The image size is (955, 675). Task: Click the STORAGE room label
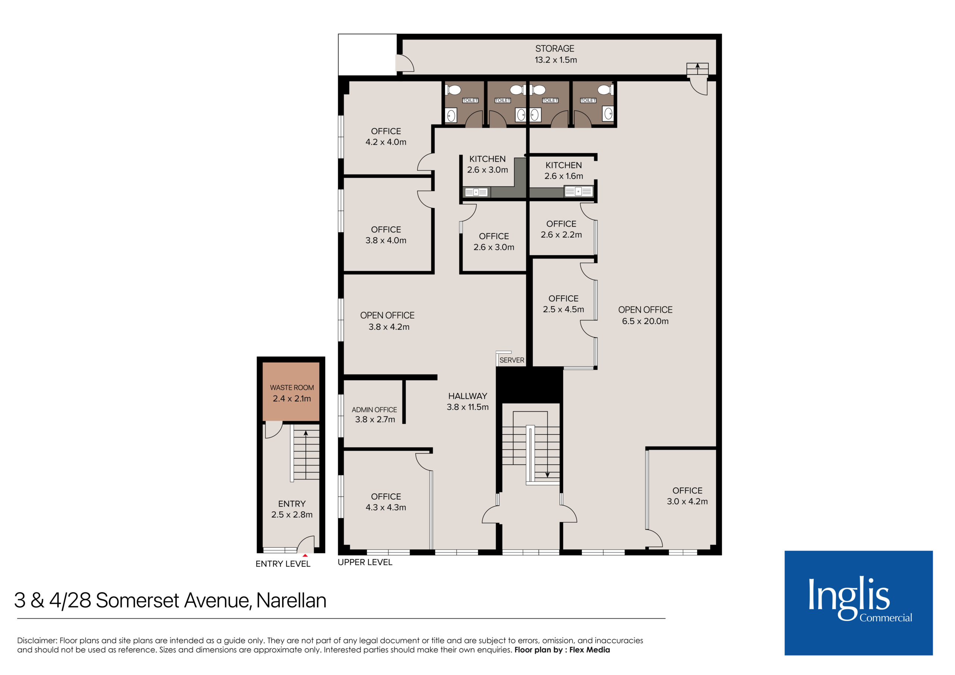555,48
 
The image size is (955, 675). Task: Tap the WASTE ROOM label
292,387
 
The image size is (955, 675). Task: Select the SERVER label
511,360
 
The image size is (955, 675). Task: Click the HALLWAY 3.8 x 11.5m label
467,401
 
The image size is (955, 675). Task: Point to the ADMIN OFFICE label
374,409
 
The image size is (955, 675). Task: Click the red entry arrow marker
305,555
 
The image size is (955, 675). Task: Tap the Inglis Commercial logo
858,603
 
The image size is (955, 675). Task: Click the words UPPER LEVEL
365,562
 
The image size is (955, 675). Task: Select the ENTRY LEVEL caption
283,564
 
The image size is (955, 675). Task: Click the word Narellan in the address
291,600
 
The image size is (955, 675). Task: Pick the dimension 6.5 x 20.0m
645,321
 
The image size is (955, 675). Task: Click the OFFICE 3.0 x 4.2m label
687,496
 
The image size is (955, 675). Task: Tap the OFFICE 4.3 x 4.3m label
386,502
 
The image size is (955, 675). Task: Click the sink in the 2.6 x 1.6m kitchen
578,191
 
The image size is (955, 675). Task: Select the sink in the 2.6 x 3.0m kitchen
476,192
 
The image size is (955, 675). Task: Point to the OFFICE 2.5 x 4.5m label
563,304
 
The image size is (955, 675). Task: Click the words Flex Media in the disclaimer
589,650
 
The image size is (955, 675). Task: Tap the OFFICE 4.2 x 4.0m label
386,136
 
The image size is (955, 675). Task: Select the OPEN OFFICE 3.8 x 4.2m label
387,321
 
